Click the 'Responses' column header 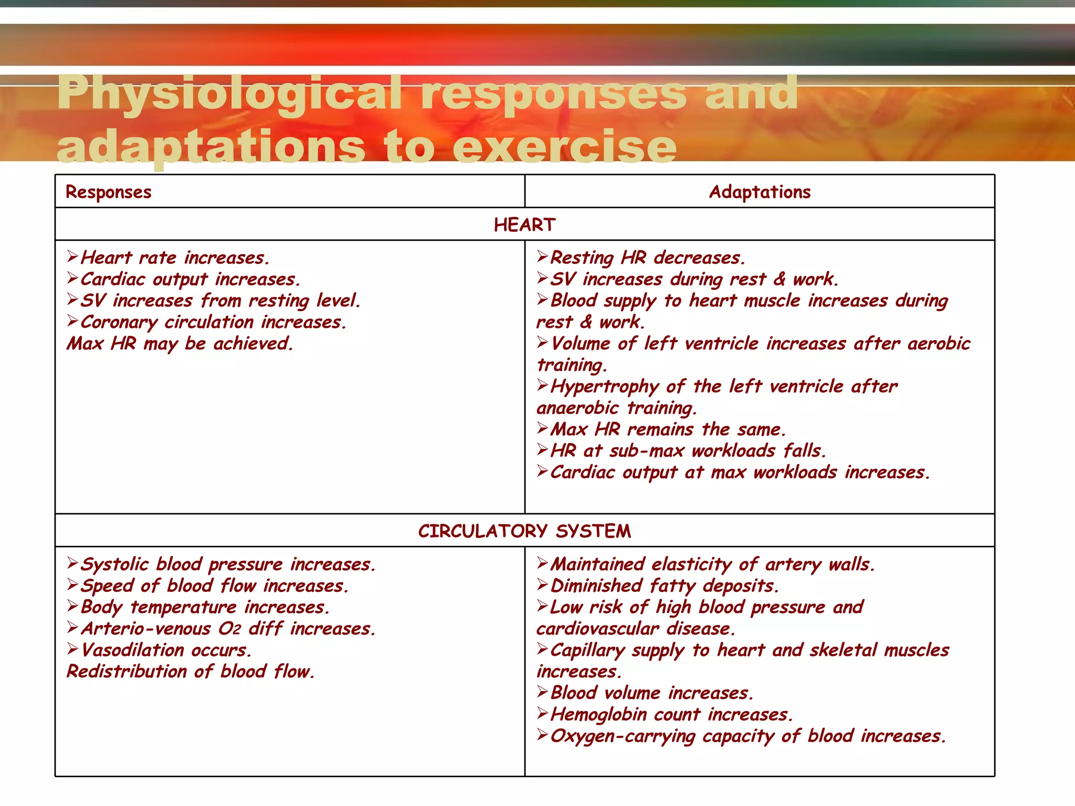108,192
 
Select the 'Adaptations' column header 760,192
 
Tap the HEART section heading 524,225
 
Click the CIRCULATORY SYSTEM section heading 524,531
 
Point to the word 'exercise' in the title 564,147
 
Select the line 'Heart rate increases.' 175,258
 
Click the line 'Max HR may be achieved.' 180,344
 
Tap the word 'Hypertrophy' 604,387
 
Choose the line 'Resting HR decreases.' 647,258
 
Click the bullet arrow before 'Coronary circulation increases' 72,321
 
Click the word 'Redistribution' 127,672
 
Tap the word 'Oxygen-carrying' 623,736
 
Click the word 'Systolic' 114,565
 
